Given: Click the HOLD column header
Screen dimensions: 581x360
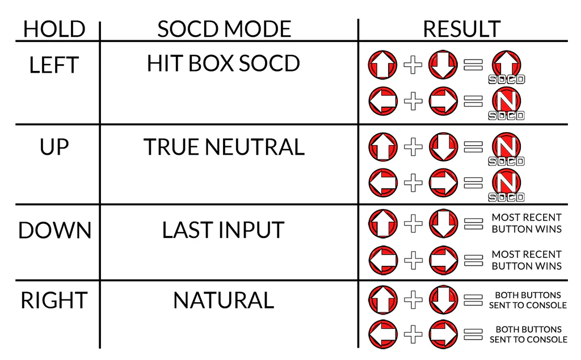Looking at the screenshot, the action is (54, 29).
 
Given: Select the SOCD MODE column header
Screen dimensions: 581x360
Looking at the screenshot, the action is (224, 29).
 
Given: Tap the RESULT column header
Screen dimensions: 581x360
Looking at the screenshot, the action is (462, 29).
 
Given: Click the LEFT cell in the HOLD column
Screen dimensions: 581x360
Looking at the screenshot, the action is (54, 65).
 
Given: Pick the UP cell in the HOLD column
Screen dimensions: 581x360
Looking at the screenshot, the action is (54, 147).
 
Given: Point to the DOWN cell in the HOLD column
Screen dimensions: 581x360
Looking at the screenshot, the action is (54, 230).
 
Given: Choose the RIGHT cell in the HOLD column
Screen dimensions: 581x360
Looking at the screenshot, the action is (54, 300).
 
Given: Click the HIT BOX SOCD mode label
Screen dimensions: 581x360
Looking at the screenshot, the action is (224, 63).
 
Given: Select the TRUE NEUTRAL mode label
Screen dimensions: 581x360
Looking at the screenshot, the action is (224, 147).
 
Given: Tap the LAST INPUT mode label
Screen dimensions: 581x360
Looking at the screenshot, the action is (223, 230).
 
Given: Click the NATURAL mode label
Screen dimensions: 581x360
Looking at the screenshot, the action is (224, 300).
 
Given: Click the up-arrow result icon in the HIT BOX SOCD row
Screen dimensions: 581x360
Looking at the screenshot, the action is (506, 66).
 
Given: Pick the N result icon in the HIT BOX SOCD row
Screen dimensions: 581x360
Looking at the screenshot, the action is (506, 102).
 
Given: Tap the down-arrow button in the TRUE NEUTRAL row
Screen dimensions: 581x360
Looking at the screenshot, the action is (443, 147).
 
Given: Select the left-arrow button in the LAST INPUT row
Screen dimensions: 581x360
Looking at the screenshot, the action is (383, 260).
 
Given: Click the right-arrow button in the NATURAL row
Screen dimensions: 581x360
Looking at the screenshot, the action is (443, 334).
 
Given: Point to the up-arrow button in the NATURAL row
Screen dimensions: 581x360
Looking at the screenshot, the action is (383, 300).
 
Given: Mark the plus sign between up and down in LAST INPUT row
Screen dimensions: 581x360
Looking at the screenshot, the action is (413, 223).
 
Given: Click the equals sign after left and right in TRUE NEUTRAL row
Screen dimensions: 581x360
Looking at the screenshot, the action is (473, 183).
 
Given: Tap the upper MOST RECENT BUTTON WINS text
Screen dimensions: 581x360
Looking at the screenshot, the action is (527, 223).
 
